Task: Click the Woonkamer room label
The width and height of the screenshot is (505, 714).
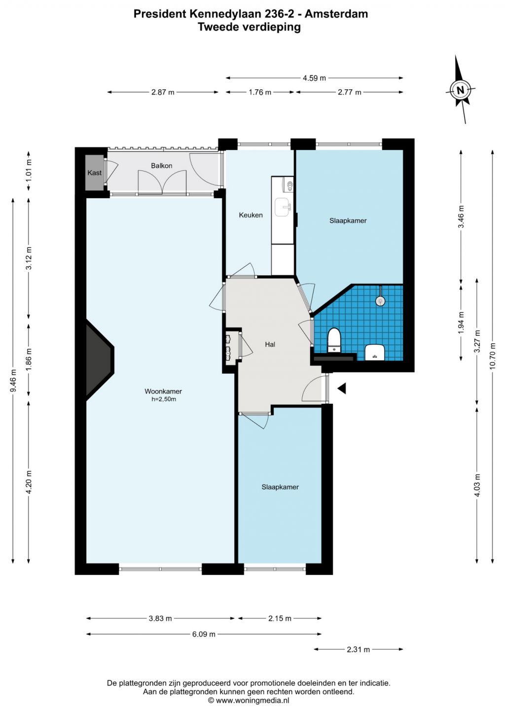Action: [x=163, y=391]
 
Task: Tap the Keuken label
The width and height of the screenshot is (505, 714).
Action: [x=251, y=215]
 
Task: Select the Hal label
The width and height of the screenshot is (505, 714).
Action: [x=270, y=344]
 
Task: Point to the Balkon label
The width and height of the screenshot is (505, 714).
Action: [x=162, y=166]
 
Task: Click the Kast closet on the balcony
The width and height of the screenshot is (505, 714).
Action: [x=94, y=173]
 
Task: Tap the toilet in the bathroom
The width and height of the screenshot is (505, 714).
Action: [x=334, y=341]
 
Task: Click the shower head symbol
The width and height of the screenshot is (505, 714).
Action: [x=380, y=300]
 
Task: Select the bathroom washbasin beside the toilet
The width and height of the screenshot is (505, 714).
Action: [x=375, y=352]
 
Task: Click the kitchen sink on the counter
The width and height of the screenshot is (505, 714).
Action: [x=283, y=207]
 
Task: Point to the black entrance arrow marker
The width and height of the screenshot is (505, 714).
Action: [x=342, y=389]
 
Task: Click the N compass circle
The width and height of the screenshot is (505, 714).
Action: [x=460, y=90]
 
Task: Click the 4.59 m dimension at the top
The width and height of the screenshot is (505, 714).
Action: [x=314, y=78]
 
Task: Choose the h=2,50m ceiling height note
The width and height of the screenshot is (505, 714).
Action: [x=164, y=399]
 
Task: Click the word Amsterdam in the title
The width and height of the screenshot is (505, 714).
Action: [x=337, y=14]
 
